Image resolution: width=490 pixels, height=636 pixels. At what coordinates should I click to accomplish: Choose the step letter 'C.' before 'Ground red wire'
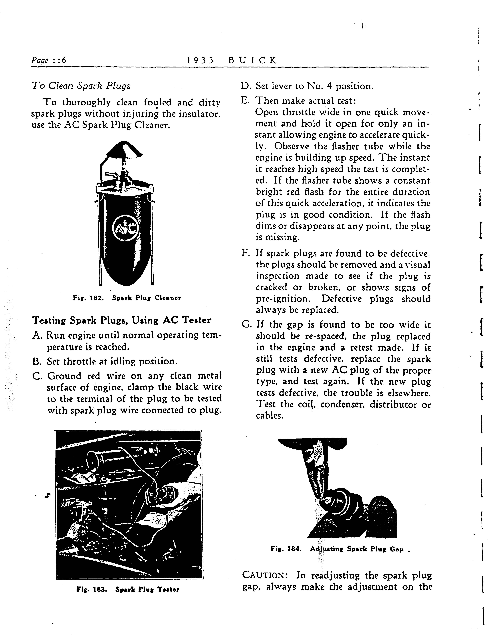[x=37, y=376]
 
